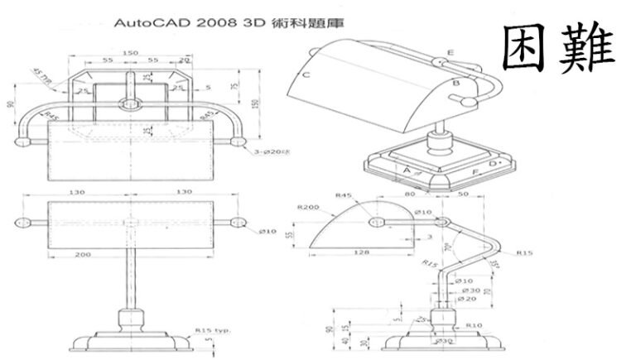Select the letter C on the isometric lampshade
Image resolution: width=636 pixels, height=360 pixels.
click(306, 75)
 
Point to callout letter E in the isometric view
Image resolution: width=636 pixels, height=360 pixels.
click(450, 52)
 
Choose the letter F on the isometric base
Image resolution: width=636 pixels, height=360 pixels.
click(475, 172)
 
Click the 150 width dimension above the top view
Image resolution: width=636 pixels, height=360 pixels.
click(129, 53)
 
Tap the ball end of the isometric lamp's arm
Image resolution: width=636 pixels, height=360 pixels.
click(469, 102)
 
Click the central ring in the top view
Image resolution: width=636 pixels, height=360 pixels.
click(128, 105)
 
